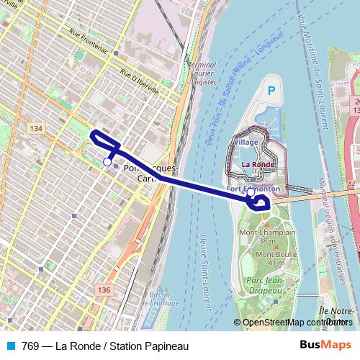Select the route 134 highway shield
point(36,127)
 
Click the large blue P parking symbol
point(271,91)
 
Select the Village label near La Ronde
point(246,143)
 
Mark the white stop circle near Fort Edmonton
point(251,192)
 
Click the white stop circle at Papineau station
point(107,162)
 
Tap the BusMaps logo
point(325,346)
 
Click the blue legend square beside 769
point(10,346)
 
